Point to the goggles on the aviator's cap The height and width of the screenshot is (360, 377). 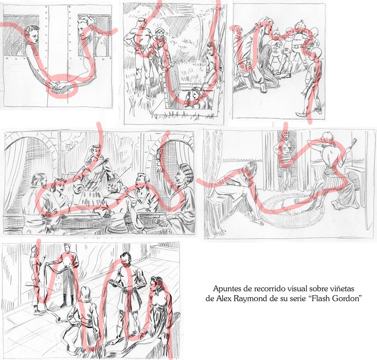pyautogui.click(x=160, y=30)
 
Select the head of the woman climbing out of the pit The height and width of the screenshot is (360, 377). pyautogui.click(x=194, y=92)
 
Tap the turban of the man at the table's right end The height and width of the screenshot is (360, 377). pyautogui.click(x=185, y=171)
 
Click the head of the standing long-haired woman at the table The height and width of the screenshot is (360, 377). pyautogui.click(x=95, y=151)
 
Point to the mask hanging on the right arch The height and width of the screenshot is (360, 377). pyautogui.click(x=159, y=154)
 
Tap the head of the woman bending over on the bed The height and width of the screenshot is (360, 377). pyautogui.click(x=251, y=167)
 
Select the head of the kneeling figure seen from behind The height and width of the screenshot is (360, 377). pyautogui.click(x=85, y=294)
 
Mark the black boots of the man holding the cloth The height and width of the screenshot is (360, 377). pyautogui.click(x=64, y=301)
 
